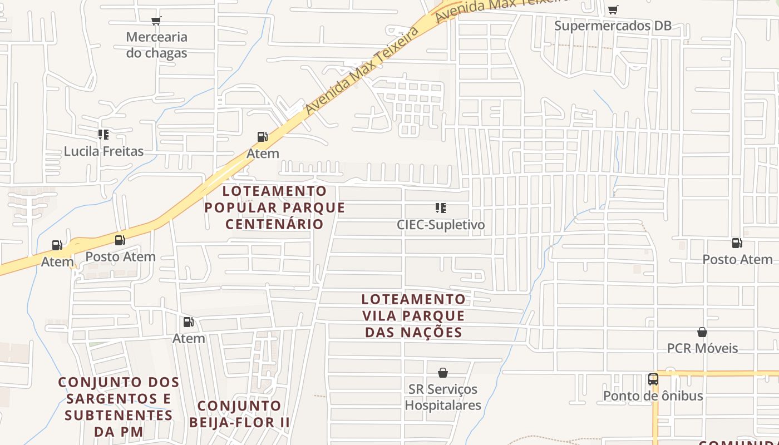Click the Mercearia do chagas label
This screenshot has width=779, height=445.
(x=156, y=45)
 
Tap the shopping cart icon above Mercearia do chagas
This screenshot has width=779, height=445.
(x=156, y=21)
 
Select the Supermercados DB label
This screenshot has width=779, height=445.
(x=613, y=26)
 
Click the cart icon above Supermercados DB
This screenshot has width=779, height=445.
(x=613, y=9)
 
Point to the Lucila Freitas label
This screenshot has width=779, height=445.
(x=103, y=151)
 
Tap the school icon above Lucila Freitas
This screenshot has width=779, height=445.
(x=103, y=135)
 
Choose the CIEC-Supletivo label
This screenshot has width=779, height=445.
(x=441, y=225)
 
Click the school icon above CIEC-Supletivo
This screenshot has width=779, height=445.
(x=441, y=208)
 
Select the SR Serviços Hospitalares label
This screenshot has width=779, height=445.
(x=443, y=397)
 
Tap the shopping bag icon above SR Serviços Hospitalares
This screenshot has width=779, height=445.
(x=443, y=373)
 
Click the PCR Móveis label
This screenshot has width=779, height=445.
(x=702, y=348)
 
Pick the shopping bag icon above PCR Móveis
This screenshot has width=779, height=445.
(x=702, y=332)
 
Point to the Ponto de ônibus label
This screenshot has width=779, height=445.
(x=653, y=396)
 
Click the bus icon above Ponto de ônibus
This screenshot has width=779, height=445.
(x=653, y=379)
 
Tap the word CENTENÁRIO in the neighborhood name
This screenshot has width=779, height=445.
(x=274, y=224)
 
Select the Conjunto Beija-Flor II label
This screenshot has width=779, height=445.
(x=239, y=414)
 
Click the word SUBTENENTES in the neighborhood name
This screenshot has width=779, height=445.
(x=119, y=416)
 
